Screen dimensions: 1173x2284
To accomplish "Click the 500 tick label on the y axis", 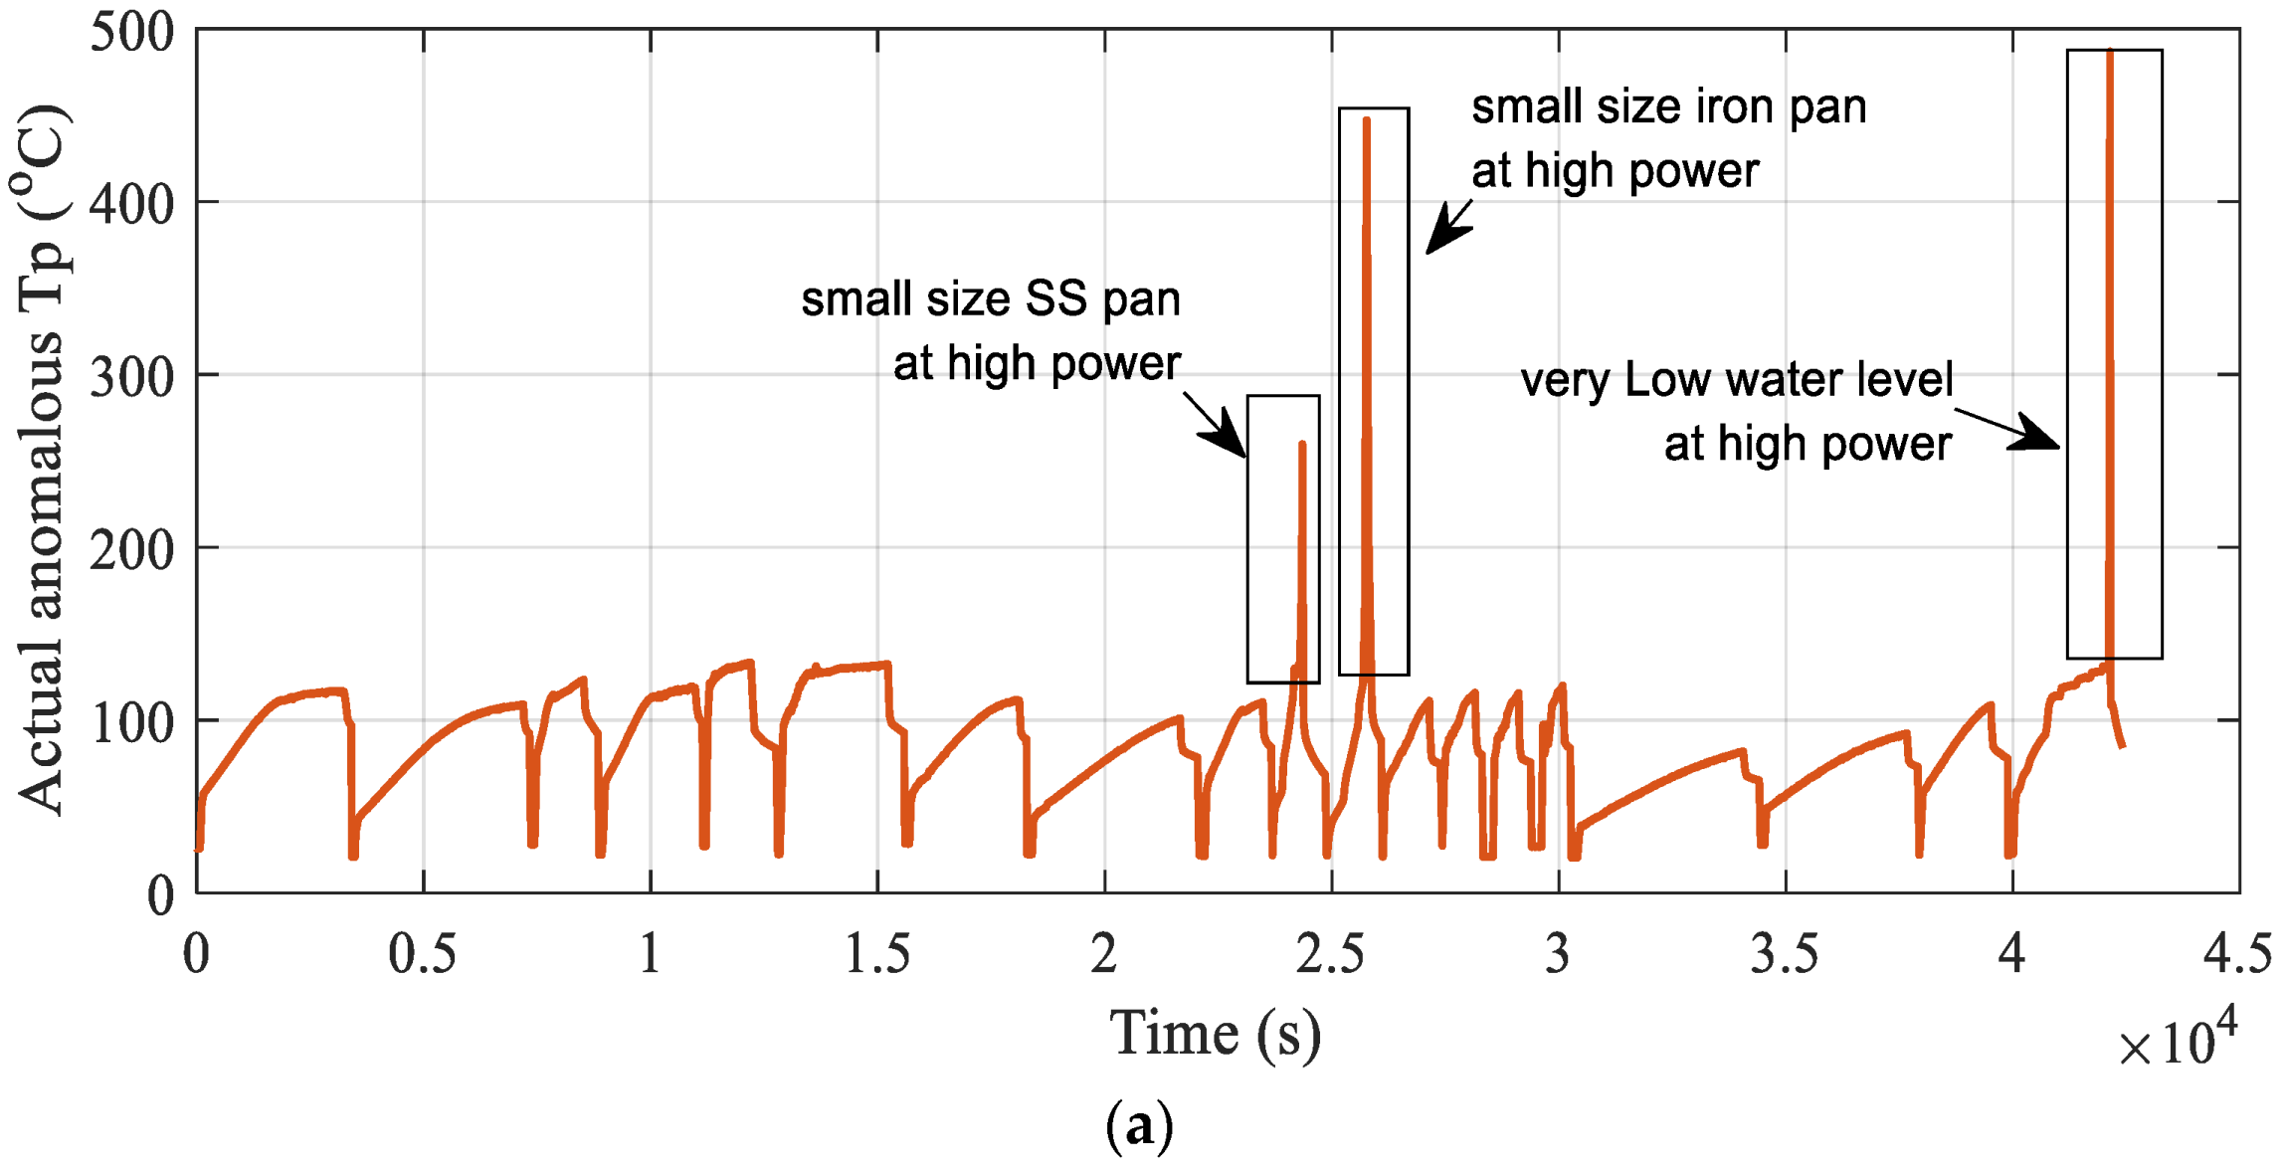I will tap(131, 32).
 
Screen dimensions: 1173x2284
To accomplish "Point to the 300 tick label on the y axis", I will tap(131, 377).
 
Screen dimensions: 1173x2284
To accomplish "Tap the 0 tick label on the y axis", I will tap(160, 895).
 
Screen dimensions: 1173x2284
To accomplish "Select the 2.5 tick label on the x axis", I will tap(1330, 953).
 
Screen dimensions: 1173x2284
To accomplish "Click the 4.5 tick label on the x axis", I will tap(2237, 953).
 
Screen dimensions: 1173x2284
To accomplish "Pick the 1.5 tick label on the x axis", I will tap(876, 953).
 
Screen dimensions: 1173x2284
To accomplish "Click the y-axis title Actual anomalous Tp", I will tap(42, 458).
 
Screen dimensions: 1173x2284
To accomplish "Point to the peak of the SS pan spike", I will tap(1302, 445).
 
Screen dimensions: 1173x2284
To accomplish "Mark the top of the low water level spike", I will tap(2110, 52).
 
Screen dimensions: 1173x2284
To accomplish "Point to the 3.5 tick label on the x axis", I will tap(1785, 953).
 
